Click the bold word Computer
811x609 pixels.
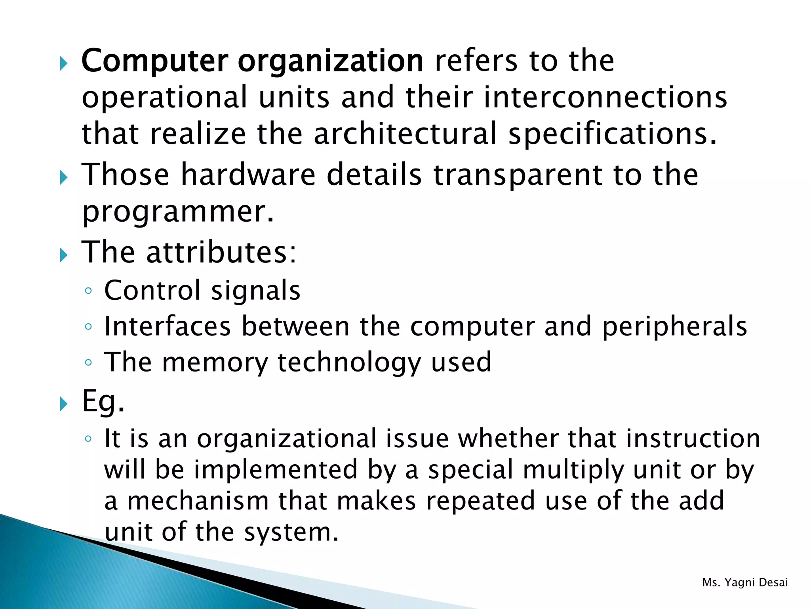pyautogui.click(x=154, y=61)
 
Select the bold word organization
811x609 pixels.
pyautogui.click(x=331, y=62)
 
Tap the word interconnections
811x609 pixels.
pyautogui.click(x=605, y=98)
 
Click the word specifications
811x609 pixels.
pyautogui.click(x=612, y=135)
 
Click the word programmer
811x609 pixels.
pyautogui.click(x=177, y=212)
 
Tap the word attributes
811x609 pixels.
pyautogui.click(x=221, y=252)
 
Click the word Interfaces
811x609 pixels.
pyautogui.click(x=168, y=326)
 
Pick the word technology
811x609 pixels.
pyautogui.click(x=349, y=363)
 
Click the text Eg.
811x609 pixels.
pyautogui.click(x=103, y=402)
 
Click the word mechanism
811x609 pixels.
pyautogui.click(x=198, y=501)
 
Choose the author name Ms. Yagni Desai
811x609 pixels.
pyautogui.click(x=745, y=582)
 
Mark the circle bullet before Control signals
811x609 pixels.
pyautogui.click(x=88, y=291)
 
